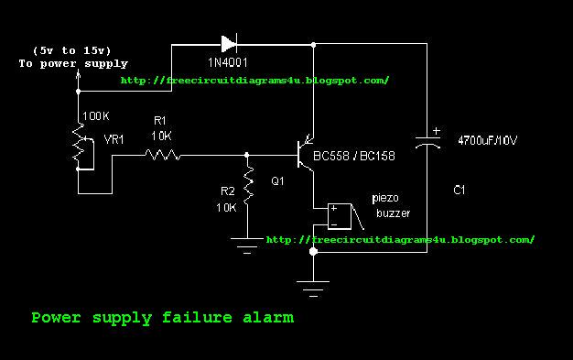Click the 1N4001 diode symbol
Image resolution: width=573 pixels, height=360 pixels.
click(230, 44)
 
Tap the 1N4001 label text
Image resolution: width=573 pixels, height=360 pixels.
click(228, 62)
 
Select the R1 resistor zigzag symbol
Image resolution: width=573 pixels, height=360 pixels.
click(163, 155)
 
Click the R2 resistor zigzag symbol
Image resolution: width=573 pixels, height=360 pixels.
click(248, 185)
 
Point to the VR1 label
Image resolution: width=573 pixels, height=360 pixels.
click(114, 139)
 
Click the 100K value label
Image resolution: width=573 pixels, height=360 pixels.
click(96, 116)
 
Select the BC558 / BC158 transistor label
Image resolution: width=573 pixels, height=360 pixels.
click(353, 157)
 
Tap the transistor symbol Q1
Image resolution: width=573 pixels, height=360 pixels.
click(306, 155)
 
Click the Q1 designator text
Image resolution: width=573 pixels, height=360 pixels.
click(277, 180)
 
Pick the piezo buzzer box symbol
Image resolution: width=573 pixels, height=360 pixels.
click(340, 216)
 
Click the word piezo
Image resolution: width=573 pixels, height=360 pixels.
click(385, 198)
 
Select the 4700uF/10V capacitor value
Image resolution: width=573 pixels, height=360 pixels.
click(488, 140)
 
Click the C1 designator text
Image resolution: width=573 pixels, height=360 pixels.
click(459, 190)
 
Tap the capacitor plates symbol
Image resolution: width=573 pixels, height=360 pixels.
click(427, 141)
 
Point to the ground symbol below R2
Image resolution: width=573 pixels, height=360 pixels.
click(247, 245)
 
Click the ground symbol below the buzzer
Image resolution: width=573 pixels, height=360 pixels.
click(313, 289)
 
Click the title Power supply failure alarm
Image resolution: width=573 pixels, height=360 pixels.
click(163, 318)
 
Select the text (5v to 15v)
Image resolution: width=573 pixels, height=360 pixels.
click(71, 50)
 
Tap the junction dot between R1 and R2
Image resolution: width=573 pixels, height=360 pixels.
click(247, 155)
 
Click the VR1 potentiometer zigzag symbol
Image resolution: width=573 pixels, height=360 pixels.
click(78, 146)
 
